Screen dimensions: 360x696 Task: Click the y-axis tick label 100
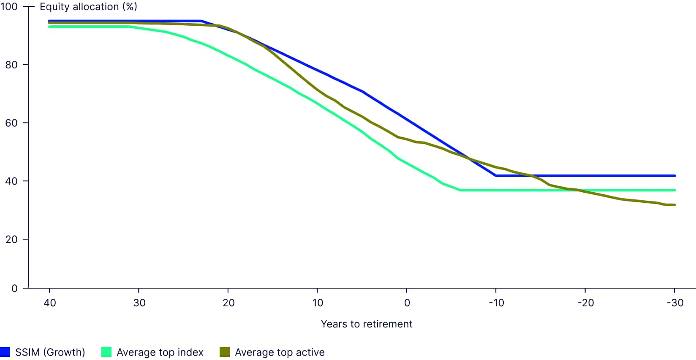point(9,7)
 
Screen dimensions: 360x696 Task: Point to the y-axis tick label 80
point(11,65)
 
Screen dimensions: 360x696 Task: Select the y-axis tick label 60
point(11,123)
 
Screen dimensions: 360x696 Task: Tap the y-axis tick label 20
point(11,239)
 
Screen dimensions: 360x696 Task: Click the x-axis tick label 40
point(50,303)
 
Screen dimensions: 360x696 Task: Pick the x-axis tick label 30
point(139,303)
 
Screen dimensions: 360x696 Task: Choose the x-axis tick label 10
point(318,303)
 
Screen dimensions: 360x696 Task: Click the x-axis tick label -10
point(496,303)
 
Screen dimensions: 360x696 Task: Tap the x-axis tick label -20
point(585,303)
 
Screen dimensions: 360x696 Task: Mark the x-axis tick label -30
point(674,303)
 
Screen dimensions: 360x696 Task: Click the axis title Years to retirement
point(366,324)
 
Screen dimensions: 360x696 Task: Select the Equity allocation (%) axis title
point(88,7)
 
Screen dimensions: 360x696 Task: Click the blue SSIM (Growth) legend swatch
point(5,352)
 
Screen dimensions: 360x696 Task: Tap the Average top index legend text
point(160,352)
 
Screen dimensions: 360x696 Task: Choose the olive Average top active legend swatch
point(225,352)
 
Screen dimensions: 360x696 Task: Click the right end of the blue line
point(674,176)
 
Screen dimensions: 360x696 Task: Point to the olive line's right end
point(674,205)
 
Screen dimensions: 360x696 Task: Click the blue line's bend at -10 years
point(496,176)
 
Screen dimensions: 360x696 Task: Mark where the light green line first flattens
point(460,190)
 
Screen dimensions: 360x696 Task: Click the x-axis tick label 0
point(407,303)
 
